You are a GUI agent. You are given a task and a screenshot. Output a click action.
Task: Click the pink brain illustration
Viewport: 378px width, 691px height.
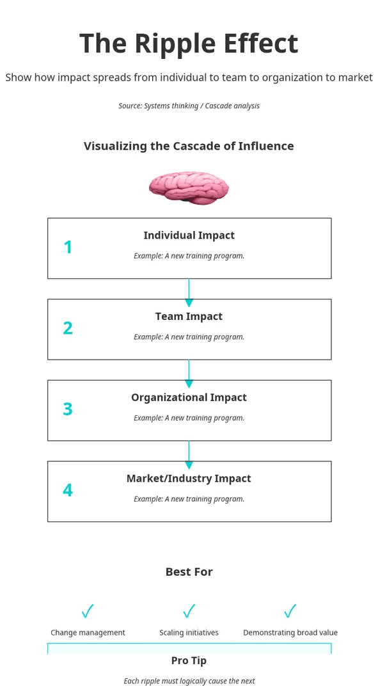tap(189, 188)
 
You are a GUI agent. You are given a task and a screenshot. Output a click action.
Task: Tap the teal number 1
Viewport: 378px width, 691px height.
tap(67, 248)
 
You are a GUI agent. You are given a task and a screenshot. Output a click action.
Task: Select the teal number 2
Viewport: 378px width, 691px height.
tap(67, 328)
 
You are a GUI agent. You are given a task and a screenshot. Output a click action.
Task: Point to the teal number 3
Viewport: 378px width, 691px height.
tap(67, 409)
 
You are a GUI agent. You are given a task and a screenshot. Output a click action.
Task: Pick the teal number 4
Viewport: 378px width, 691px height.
tap(67, 490)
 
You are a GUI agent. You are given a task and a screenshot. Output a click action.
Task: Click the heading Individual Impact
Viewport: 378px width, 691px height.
tap(189, 235)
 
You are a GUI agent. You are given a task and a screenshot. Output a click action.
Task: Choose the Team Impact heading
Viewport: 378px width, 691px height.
tap(189, 317)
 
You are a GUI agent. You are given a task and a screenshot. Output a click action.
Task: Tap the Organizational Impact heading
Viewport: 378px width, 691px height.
tap(189, 397)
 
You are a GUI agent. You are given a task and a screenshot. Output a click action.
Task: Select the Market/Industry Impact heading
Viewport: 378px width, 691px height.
tap(189, 479)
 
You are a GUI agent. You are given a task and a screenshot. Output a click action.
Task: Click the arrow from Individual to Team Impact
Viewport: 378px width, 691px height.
tap(189, 292)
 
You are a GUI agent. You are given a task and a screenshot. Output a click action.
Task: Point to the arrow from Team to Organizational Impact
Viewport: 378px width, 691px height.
tap(189, 374)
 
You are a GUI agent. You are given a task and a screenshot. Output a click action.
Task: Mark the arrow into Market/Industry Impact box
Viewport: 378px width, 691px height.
tap(189, 455)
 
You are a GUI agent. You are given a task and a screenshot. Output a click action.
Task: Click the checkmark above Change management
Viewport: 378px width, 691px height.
tap(88, 611)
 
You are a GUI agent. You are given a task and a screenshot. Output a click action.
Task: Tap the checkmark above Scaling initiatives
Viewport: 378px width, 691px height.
tap(189, 611)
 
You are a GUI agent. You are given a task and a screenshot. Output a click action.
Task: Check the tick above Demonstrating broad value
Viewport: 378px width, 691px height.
tap(290, 611)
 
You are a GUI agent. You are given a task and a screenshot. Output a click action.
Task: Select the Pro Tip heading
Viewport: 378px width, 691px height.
tap(189, 660)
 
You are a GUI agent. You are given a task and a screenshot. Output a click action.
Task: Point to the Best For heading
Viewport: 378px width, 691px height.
tap(189, 572)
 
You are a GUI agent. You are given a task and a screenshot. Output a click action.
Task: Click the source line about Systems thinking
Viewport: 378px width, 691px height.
tap(189, 106)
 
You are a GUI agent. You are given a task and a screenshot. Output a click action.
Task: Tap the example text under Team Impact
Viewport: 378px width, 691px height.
tap(189, 337)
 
